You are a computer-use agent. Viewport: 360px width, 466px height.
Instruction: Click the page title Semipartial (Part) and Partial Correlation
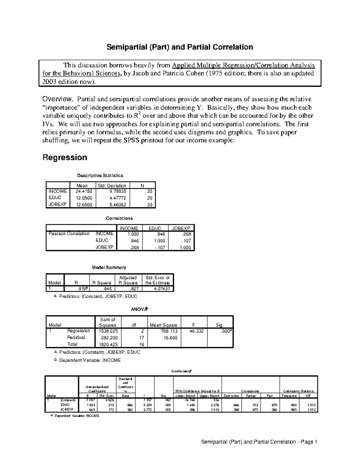pyautogui.click(x=180, y=47)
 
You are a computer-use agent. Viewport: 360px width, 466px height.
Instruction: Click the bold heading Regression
pyautogui.click(x=65, y=158)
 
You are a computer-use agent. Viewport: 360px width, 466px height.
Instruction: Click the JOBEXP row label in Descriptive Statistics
pyautogui.click(x=57, y=204)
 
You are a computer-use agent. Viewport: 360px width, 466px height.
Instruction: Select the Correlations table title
pyautogui.click(x=119, y=218)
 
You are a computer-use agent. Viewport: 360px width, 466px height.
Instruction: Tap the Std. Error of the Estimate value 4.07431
pyautogui.click(x=157, y=289)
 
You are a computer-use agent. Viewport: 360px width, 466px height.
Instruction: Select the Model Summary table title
pyautogui.click(x=109, y=267)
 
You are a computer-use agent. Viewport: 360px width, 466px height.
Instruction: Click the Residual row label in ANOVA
pyautogui.click(x=76, y=337)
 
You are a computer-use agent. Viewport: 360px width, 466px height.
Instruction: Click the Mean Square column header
pyautogui.click(x=163, y=325)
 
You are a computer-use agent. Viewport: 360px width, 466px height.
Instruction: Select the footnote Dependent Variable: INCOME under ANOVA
pyautogui.click(x=90, y=360)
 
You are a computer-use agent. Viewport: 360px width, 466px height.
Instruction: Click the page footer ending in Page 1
pyautogui.click(x=259, y=442)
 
